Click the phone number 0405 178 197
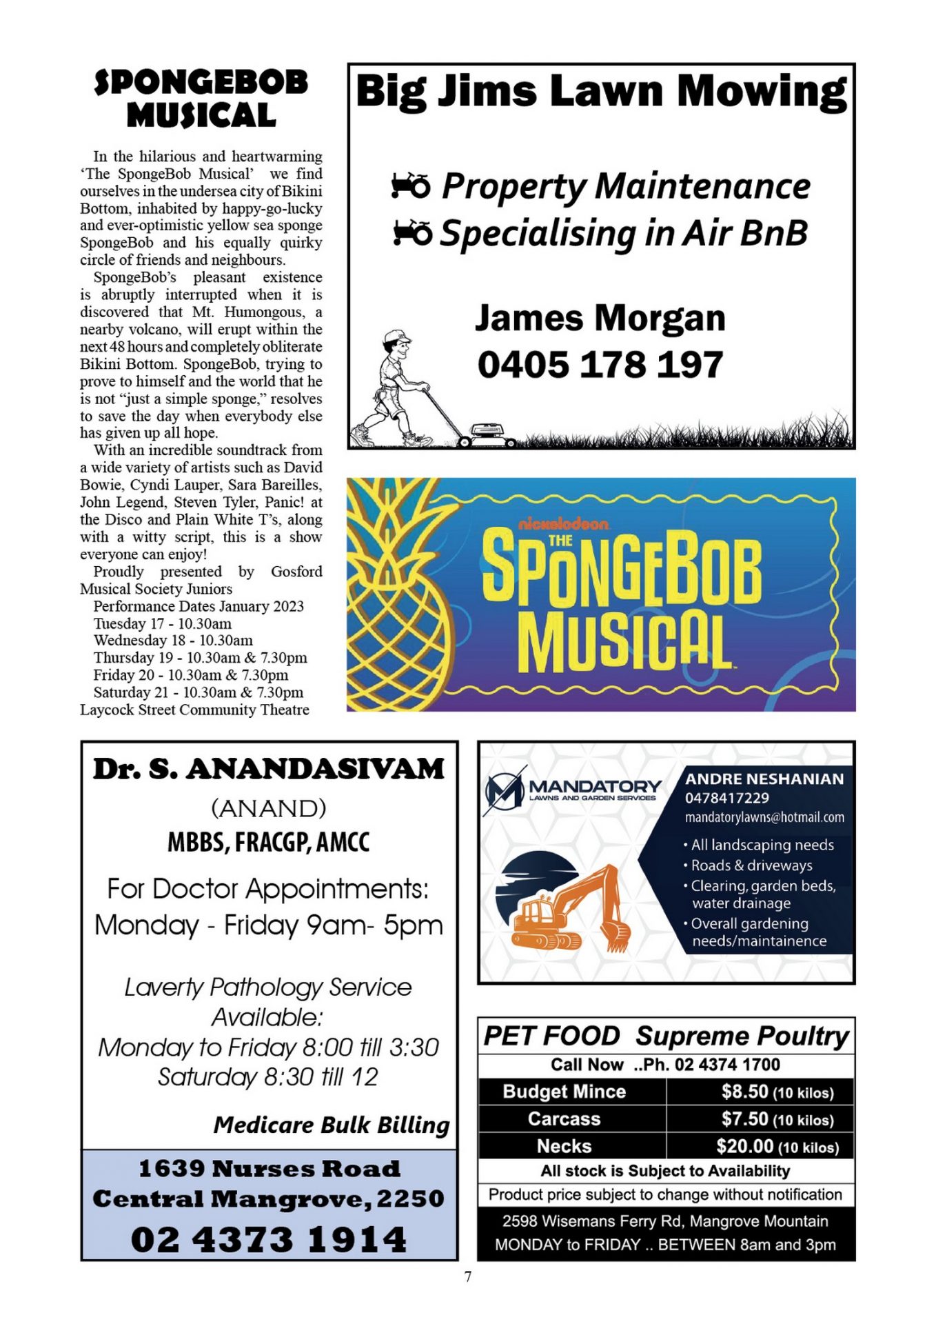click(600, 365)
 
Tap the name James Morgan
click(600, 319)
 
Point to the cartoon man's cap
click(396, 336)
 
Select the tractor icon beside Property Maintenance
click(410, 185)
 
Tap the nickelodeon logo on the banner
click(563, 524)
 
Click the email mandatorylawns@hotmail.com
click(764, 817)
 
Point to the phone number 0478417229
click(726, 798)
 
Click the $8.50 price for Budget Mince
click(744, 1092)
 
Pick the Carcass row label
click(564, 1119)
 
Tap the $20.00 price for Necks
click(744, 1146)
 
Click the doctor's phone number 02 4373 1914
click(269, 1239)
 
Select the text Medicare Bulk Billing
click(331, 1125)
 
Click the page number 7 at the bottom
click(468, 1276)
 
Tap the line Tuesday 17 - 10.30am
click(163, 623)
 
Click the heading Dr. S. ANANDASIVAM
click(269, 769)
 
